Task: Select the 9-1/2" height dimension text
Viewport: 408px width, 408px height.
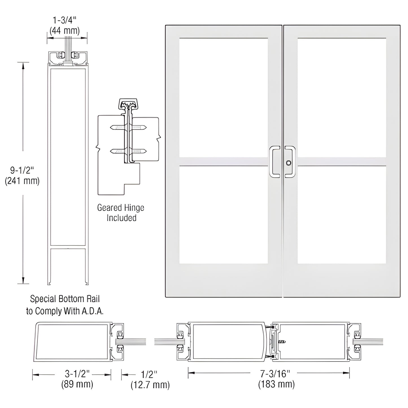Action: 22,170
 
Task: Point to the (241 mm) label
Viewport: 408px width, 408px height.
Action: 22,181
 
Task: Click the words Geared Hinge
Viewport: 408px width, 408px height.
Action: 121,208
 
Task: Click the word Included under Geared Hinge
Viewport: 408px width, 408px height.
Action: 121,218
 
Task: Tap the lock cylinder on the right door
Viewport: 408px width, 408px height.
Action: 288,163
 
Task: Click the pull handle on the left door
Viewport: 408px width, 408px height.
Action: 274,162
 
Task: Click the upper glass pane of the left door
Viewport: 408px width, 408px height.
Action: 223,97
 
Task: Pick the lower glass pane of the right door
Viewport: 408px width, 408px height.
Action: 342,215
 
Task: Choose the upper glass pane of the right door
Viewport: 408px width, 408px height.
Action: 342,97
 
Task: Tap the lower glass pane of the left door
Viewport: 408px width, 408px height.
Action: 223,215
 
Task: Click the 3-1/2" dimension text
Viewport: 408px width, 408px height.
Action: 77,374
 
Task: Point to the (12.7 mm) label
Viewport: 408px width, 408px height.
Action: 150,385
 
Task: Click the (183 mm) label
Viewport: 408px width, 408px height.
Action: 276,384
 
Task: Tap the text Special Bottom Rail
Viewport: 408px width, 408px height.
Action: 65,299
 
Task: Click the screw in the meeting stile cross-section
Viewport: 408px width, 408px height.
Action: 282,342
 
